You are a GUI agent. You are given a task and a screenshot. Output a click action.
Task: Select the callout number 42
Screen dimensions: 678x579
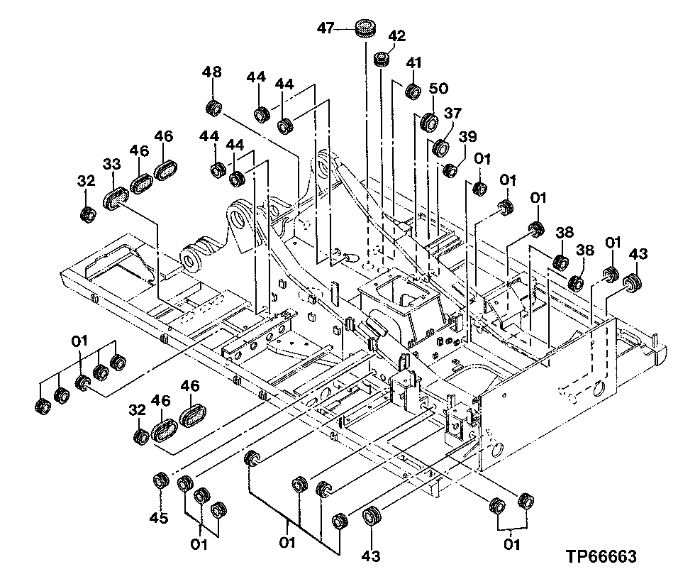396,36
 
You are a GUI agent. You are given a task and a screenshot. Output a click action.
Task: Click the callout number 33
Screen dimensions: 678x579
111,164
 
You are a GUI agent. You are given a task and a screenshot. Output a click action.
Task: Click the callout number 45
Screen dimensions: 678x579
159,518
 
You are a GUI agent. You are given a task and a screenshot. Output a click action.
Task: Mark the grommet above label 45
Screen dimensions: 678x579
160,480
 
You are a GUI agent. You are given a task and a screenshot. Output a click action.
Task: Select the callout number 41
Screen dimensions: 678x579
414,62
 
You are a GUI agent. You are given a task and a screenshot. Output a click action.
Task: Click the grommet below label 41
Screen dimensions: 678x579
412,91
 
